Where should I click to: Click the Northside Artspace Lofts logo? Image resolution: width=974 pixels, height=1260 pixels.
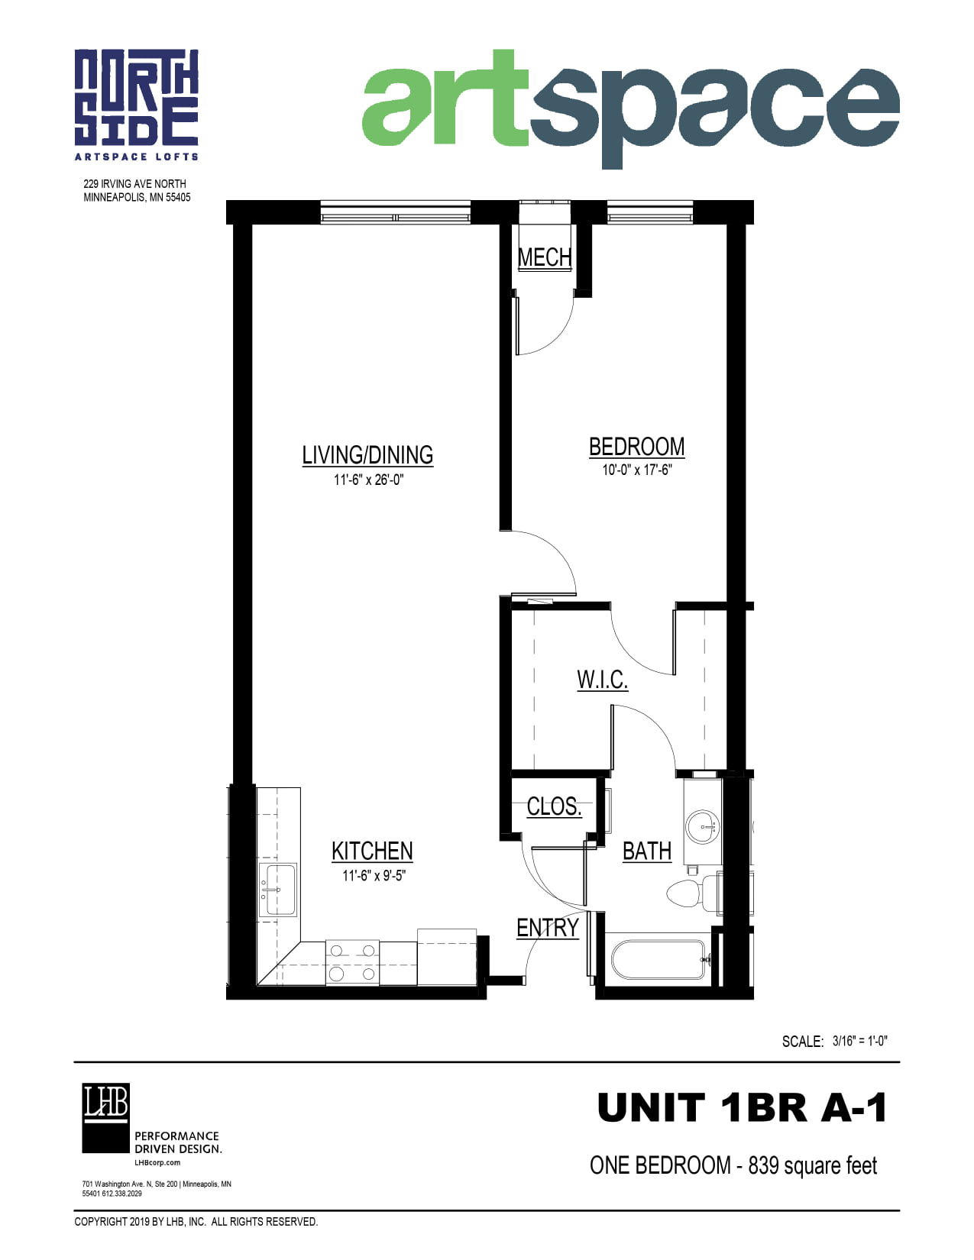(x=136, y=105)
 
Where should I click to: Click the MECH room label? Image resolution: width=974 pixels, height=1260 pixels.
(x=544, y=257)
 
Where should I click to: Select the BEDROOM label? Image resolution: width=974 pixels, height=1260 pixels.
(x=636, y=447)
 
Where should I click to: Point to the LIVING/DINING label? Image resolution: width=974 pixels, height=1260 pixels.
(x=367, y=455)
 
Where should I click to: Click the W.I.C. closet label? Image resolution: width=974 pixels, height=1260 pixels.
(x=602, y=679)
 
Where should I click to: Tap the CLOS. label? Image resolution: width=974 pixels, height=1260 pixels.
(x=554, y=806)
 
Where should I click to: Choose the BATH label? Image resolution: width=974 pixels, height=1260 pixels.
(x=647, y=851)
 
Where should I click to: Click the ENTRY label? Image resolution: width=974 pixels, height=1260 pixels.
(x=548, y=928)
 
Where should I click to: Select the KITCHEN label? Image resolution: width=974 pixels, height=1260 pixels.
(x=372, y=851)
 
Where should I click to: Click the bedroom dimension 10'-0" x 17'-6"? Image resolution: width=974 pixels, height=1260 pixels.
(x=636, y=470)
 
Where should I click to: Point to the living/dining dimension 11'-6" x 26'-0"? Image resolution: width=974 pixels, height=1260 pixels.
(x=368, y=480)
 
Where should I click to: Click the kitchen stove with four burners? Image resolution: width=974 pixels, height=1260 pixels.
(x=352, y=962)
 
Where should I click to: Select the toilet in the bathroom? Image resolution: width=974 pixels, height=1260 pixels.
(x=693, y=893)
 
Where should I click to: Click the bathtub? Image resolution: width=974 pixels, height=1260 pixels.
(x=659, y=960)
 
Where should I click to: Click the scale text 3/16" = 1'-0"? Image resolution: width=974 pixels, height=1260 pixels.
(x=859, y=1041)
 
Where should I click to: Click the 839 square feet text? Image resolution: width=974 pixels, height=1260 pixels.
(x=812, y=1165)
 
